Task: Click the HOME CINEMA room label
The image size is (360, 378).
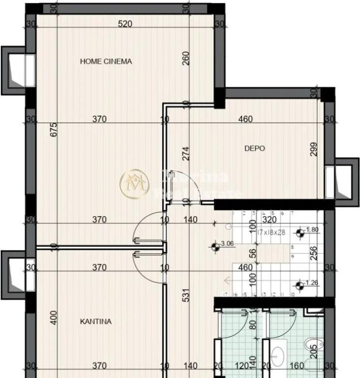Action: [106, 62]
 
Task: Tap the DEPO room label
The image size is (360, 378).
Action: [255, 148]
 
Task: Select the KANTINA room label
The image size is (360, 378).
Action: [95, 321]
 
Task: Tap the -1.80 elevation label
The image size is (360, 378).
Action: [312, 230]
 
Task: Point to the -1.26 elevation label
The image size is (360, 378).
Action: [312, 283]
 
